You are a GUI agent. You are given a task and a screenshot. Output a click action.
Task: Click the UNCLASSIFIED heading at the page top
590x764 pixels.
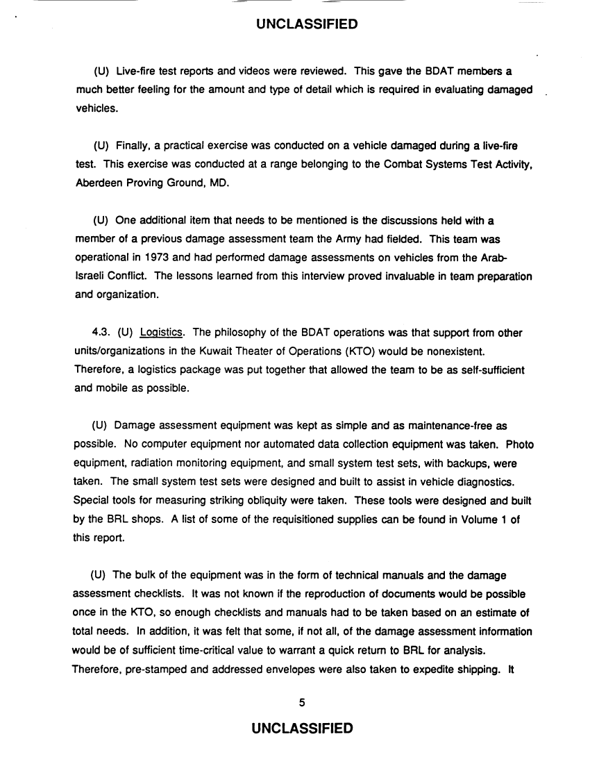306,24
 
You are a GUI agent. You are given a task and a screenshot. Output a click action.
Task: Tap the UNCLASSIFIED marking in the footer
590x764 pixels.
303,728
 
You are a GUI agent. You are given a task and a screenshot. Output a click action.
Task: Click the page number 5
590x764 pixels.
302,701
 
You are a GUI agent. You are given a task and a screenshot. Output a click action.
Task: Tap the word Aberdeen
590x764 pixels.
96,183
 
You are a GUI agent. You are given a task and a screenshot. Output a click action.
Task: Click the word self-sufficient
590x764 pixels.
489,369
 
